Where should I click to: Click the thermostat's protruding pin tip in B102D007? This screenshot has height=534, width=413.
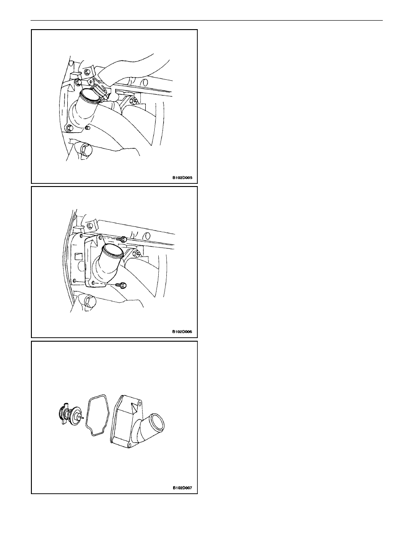(83, 417)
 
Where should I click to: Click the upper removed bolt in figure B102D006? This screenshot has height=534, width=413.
(122, 239)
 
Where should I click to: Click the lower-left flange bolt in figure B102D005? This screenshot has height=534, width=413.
(70, 128)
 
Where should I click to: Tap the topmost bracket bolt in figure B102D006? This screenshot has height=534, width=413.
(90, 225)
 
